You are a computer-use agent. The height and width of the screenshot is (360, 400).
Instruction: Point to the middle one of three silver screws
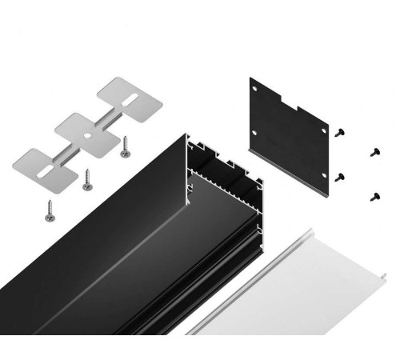pyautogui.click(x=86, y=183)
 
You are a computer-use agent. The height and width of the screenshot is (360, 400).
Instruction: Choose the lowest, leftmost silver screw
pyautogui.click(x=48, y=212)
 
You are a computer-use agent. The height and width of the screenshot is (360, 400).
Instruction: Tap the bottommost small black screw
pyautogui.click(x=373, y=194)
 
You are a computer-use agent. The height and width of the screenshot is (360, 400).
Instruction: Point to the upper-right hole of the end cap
pyautogui.click(x=322, y=123)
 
